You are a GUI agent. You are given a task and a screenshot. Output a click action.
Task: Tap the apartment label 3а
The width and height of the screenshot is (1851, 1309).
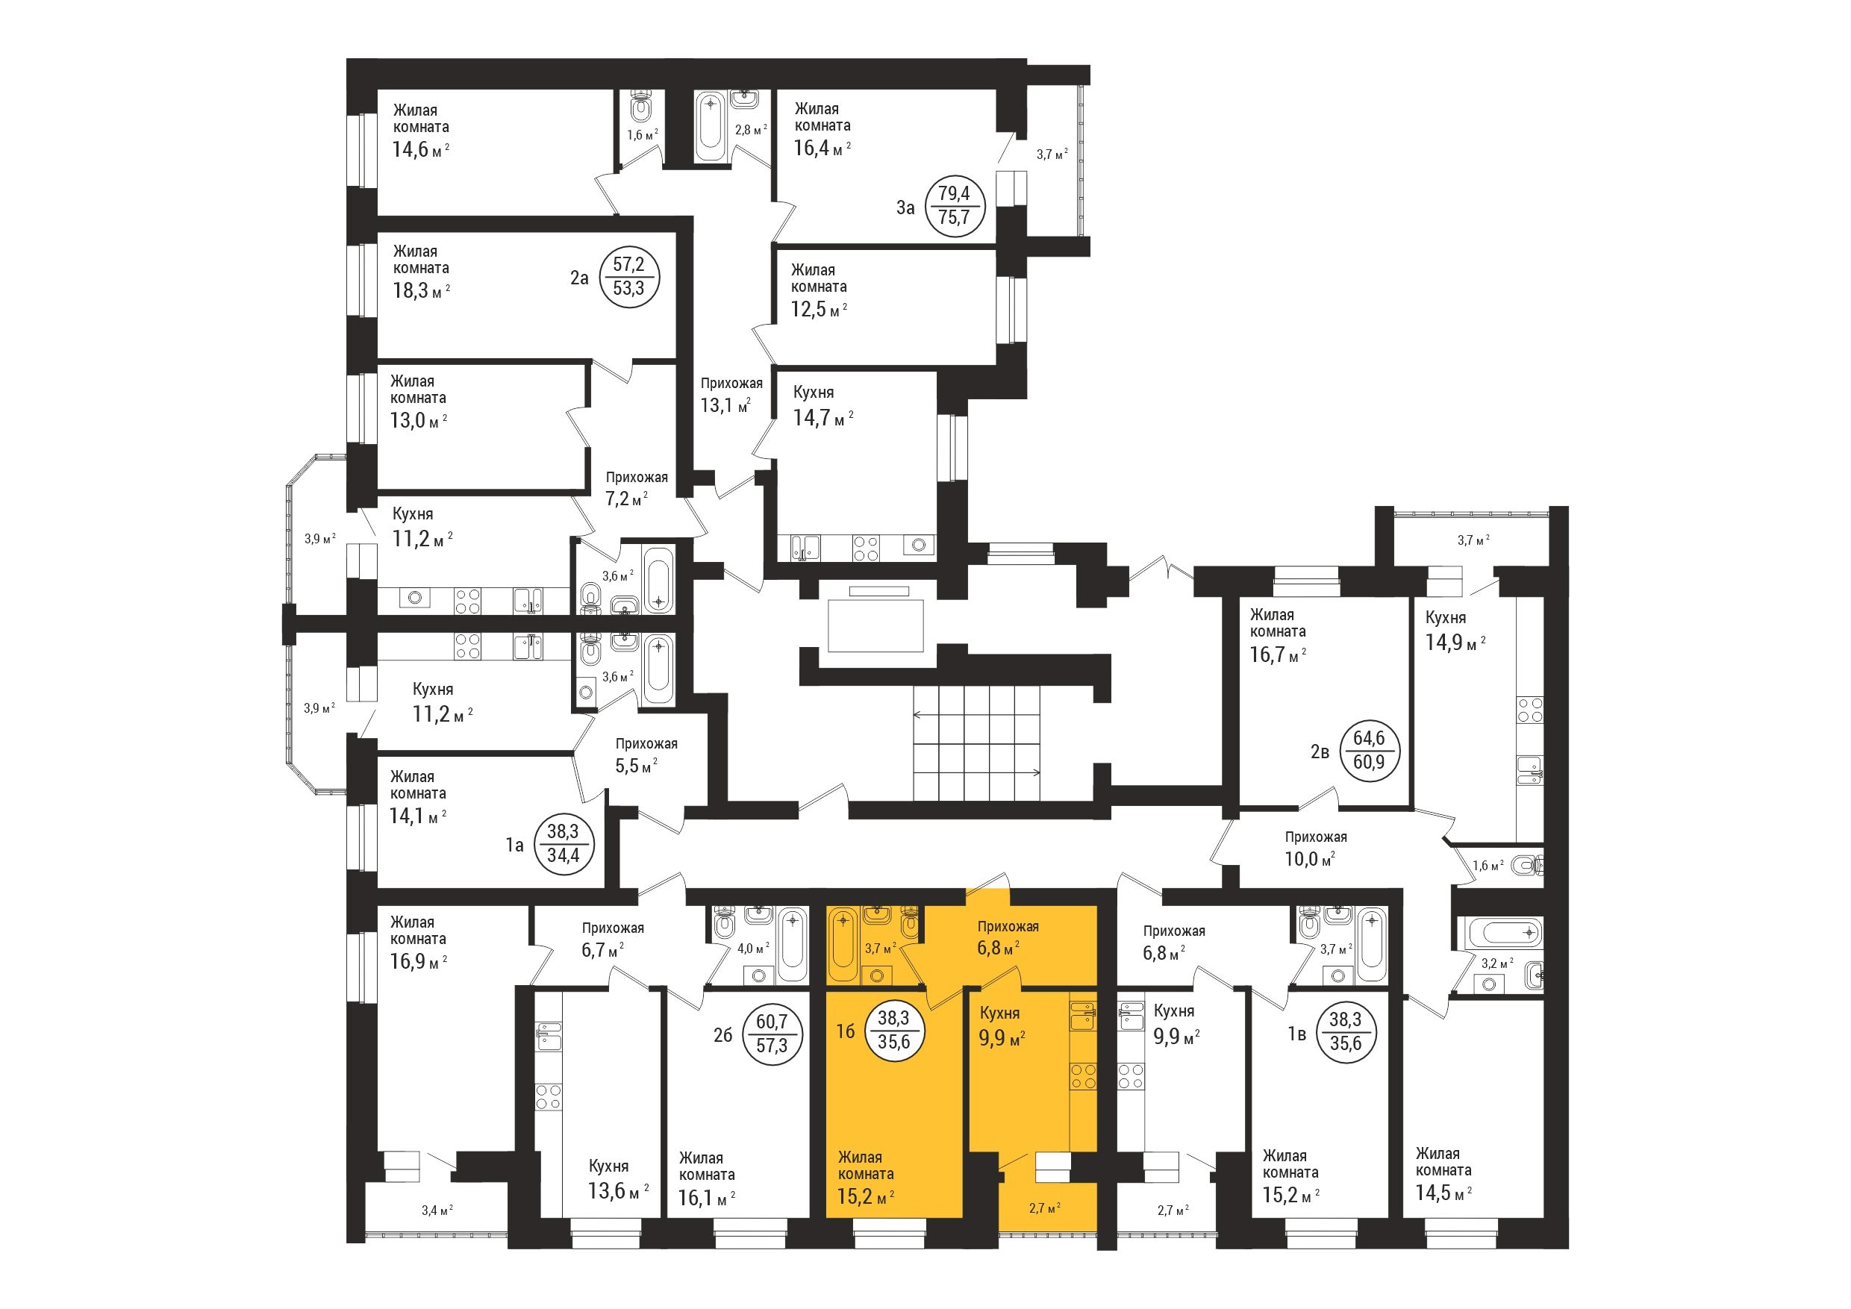click(x=905, y=207)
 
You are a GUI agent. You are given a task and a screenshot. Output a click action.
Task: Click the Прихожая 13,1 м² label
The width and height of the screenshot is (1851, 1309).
click(x=731, y=395)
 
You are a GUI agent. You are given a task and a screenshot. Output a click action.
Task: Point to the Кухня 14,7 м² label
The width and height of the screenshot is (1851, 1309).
click(x=823, y=406)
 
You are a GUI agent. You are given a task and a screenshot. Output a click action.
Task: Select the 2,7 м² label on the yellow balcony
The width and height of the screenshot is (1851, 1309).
click(x=1044, y=1208)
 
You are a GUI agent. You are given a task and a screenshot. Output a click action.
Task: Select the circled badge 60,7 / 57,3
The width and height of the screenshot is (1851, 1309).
click(x=771, y=1034)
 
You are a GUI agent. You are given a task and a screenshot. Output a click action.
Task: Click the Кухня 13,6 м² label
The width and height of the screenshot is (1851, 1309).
click(x=618, y=1179)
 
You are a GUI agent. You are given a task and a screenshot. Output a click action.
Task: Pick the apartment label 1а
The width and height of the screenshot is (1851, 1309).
click(x=514, y=845)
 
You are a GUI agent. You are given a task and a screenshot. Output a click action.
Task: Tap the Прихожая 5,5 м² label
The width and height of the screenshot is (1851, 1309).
click(x=646, y=755)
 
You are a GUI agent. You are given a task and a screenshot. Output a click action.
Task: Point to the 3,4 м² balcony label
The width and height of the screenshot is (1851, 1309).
click(x=437, y=1210)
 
